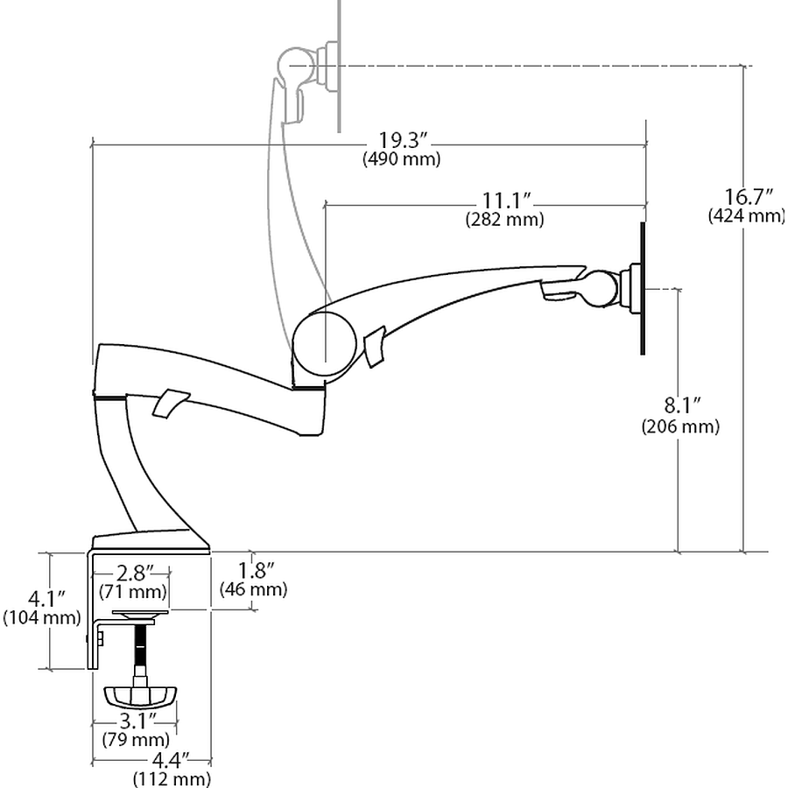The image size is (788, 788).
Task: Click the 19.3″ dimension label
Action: point(403,140)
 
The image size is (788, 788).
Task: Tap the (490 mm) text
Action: point(401,159)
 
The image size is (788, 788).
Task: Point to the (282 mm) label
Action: point(504,220)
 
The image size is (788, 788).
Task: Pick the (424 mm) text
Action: point(746,215)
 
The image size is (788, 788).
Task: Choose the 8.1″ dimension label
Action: point(680,406)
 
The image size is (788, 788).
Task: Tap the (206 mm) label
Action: point(680,426)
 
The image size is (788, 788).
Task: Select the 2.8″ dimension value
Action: point(133,573)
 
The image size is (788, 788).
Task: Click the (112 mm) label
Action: point(172,778)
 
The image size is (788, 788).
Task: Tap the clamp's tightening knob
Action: point(140,696)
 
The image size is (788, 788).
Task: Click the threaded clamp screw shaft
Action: point(139,648)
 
